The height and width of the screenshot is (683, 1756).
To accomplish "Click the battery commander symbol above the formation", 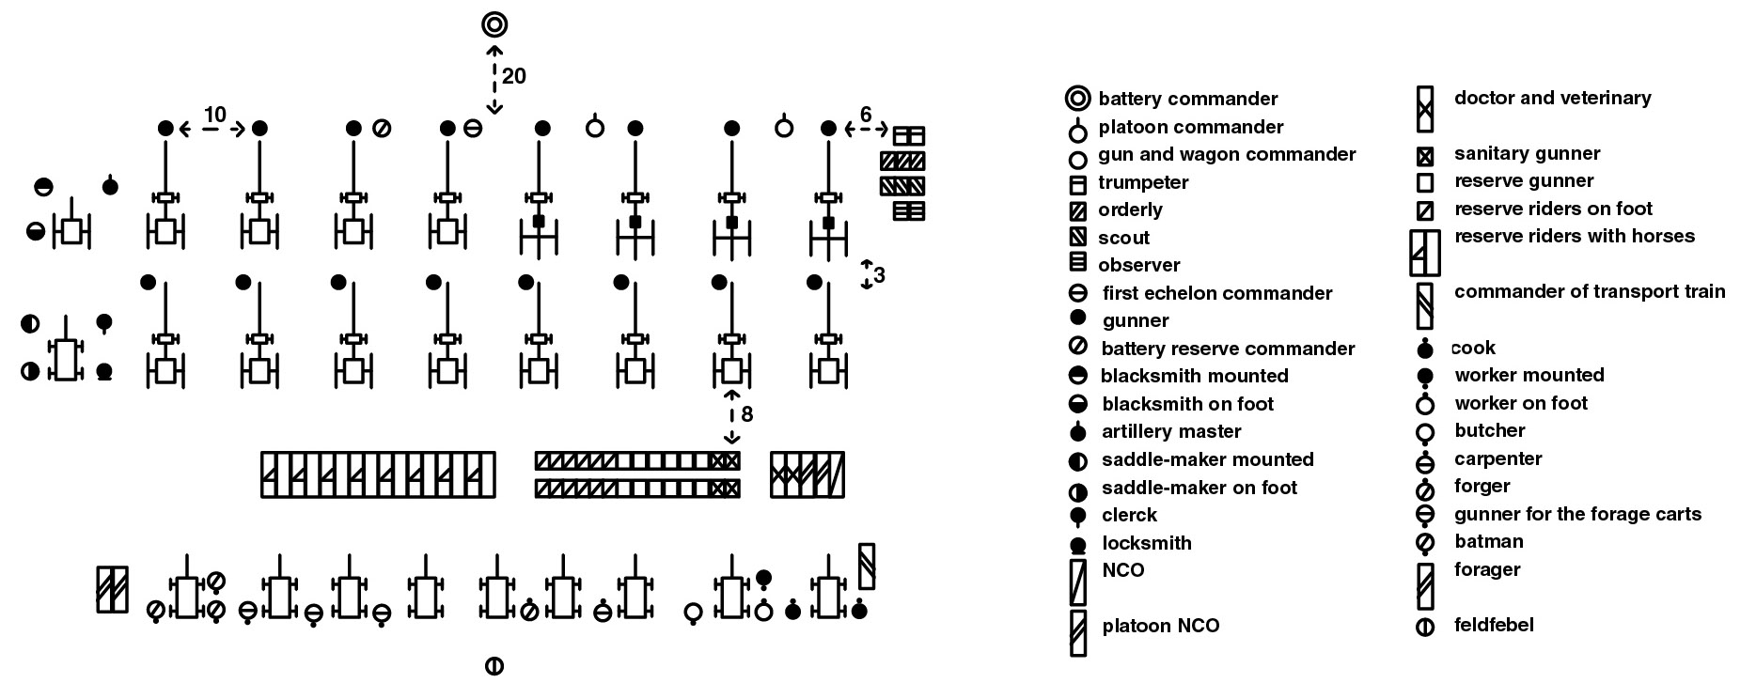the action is click(494, 24).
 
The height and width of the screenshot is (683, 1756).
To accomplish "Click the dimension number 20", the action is click(514, 76).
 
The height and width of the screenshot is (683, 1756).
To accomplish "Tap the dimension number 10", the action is click(214, 115).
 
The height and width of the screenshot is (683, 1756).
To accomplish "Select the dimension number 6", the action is click(866, 115).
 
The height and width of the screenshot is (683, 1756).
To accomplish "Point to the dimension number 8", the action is click(747, 414).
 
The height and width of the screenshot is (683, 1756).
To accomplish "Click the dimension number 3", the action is click(879, 275).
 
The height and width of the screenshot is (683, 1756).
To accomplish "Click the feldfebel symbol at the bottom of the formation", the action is click(494, 666).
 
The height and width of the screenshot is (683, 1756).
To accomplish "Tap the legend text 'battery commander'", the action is click(1188, 99).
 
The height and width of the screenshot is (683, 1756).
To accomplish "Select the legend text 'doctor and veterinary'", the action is click(1553, 98).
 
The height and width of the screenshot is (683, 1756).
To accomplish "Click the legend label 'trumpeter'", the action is click(1143, 182).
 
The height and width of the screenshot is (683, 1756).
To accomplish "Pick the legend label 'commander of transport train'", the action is click(1590, 291).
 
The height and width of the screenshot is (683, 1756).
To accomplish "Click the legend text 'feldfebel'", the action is click(1494, 625).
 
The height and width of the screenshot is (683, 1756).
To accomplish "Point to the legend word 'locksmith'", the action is click(1147, 543).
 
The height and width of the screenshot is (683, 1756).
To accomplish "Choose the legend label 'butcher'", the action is click(1490, 430).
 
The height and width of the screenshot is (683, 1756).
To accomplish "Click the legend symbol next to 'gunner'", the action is click(1078, 318).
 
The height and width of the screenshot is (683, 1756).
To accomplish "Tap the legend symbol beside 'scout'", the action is click(1078, 238).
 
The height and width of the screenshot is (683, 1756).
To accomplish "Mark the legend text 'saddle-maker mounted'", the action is click(1208, 459).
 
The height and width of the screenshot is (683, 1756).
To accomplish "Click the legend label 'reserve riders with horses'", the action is click(1575, 236).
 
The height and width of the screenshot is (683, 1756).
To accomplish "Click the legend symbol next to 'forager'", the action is click(1425, 586).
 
